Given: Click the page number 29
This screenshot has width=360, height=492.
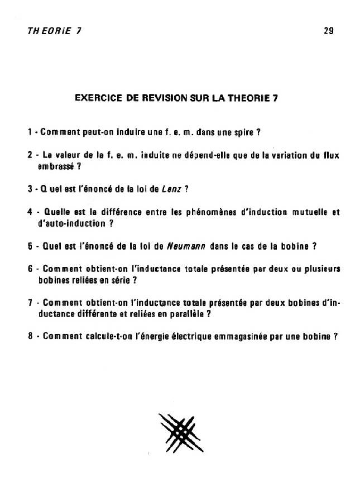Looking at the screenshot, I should [x=328, y=31].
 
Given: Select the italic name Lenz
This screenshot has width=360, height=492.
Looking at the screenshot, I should [x=169, y=189].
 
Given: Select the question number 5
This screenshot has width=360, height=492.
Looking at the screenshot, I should [x=30, y=246].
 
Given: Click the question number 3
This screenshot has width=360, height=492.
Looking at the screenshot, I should [x=30, y=189].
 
